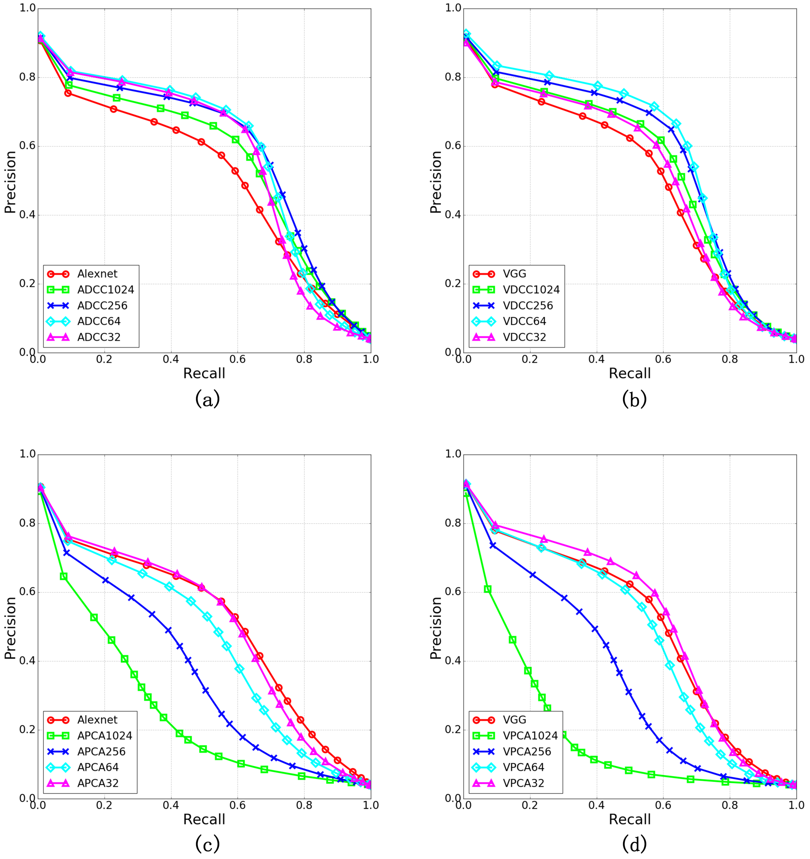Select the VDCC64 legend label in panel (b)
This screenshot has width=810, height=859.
[524, 321]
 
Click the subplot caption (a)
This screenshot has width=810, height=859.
[208, 399]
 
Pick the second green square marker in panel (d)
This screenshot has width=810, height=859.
[488, 589]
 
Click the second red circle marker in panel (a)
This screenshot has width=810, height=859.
[68, 93]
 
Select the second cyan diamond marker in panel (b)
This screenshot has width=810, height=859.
[497, 66]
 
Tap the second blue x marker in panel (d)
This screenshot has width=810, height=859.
[493, 545]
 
